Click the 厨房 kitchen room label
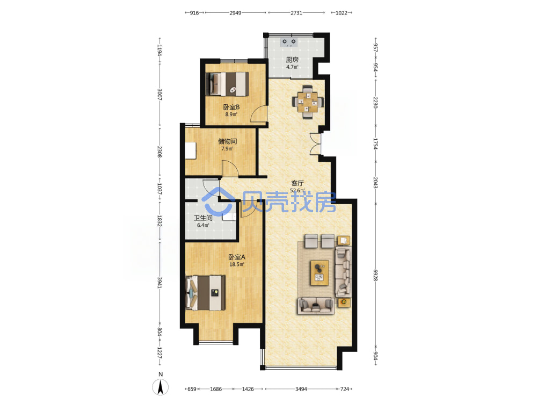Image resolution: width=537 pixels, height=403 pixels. tap(292, 60)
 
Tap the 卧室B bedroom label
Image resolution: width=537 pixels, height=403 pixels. tap(231, 107)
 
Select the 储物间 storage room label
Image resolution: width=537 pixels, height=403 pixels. tap(227, 141)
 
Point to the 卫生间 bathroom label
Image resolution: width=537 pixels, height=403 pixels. tap(203, 218)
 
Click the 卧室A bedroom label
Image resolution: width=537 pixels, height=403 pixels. tap(237, 257)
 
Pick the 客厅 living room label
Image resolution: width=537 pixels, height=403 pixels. tap(297, 183)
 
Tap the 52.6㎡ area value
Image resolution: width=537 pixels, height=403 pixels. tap(297, 191)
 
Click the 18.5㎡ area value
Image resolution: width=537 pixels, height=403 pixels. tap(237, 264)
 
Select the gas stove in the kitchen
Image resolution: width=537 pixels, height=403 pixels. tap(289, 42)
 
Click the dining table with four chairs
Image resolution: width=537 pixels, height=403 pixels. tap(308, 102)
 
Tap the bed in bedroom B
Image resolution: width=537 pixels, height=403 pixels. tap(227, 84)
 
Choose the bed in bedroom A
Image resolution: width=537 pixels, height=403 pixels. tap(205, 293)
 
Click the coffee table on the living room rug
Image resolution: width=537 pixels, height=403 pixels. tap(320, 272)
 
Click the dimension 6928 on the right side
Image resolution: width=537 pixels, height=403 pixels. tap(375, 275)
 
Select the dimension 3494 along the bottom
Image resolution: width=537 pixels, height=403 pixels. tap(301, 389)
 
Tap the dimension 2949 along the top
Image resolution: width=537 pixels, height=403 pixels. tap(235, 13)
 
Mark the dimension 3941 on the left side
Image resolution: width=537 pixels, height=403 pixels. tap(159, 283)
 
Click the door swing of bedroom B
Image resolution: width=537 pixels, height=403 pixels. tap(259, 114)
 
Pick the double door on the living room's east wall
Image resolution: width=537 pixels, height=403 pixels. tap(316, 143)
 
